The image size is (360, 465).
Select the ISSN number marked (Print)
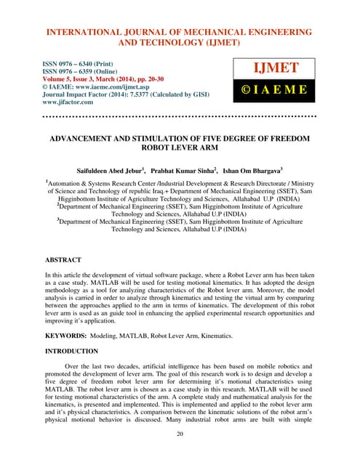point(71,64)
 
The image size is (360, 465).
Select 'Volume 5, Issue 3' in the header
point(76,80)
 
